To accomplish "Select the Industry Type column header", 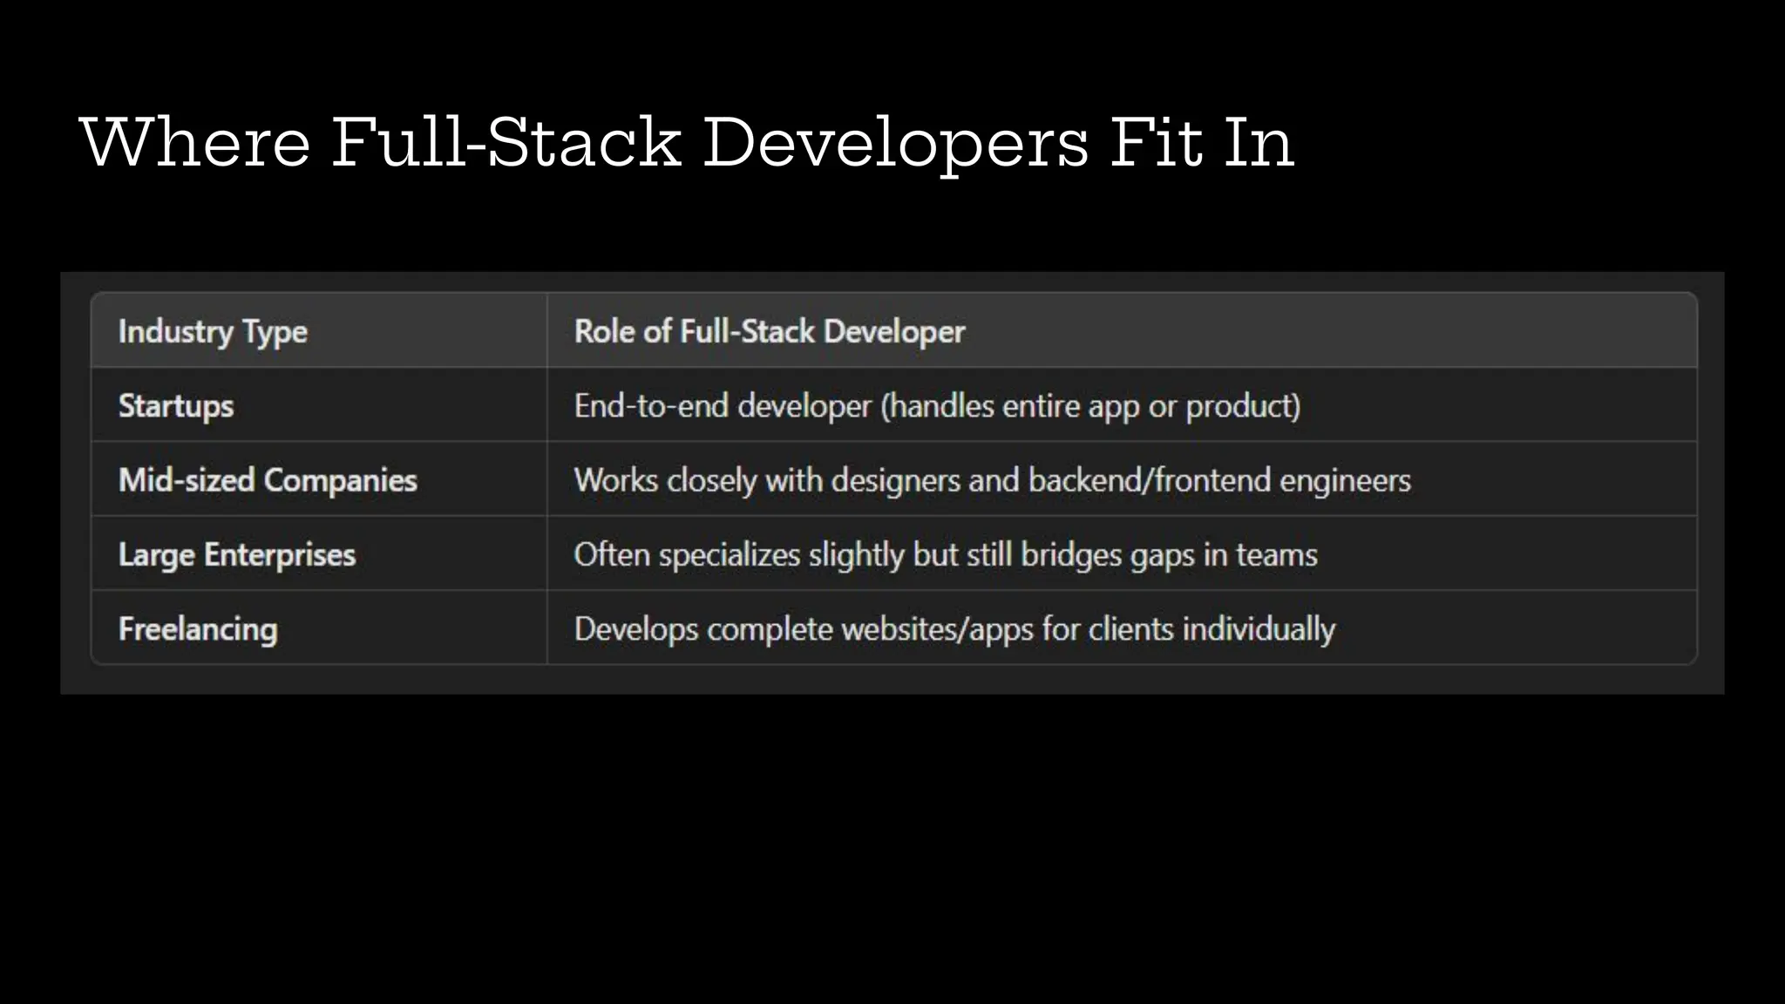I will point(213,332).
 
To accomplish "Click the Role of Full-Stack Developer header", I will point(769,332).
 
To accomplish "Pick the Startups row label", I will point(176,406).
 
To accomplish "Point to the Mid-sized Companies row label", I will point(268,480).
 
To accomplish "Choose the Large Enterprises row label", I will point(237,555).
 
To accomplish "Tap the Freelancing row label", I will point(198,629).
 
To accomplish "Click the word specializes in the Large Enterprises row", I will point(729,555).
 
